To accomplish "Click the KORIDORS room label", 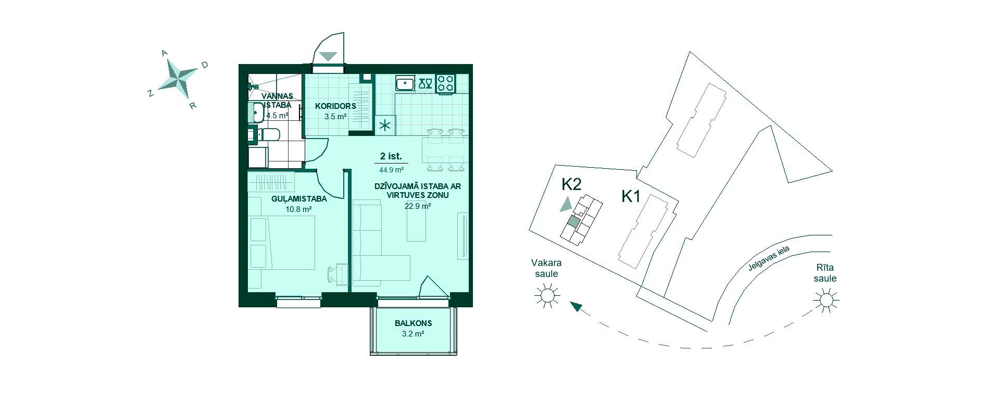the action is pos(335,106).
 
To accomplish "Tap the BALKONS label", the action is pos(413,323).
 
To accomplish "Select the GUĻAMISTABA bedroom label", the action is pos(299,199).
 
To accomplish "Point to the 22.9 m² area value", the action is pos(418,206).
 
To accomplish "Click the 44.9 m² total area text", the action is pos(392,169).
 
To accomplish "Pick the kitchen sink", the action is pos(405,83).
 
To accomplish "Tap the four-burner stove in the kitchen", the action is pos(445,83).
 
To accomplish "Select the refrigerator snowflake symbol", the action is pos(385,126).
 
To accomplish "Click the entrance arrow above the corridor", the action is pos(329,56).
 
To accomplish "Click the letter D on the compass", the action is pos(205,65).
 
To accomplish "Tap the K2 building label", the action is pos(571,184).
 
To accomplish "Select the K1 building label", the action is pos(631,196).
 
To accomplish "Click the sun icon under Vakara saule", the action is pos(546,296).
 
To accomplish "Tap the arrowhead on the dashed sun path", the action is pos(576,306).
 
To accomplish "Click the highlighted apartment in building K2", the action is pos(573,221).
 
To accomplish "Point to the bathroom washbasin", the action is pos(257,112).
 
